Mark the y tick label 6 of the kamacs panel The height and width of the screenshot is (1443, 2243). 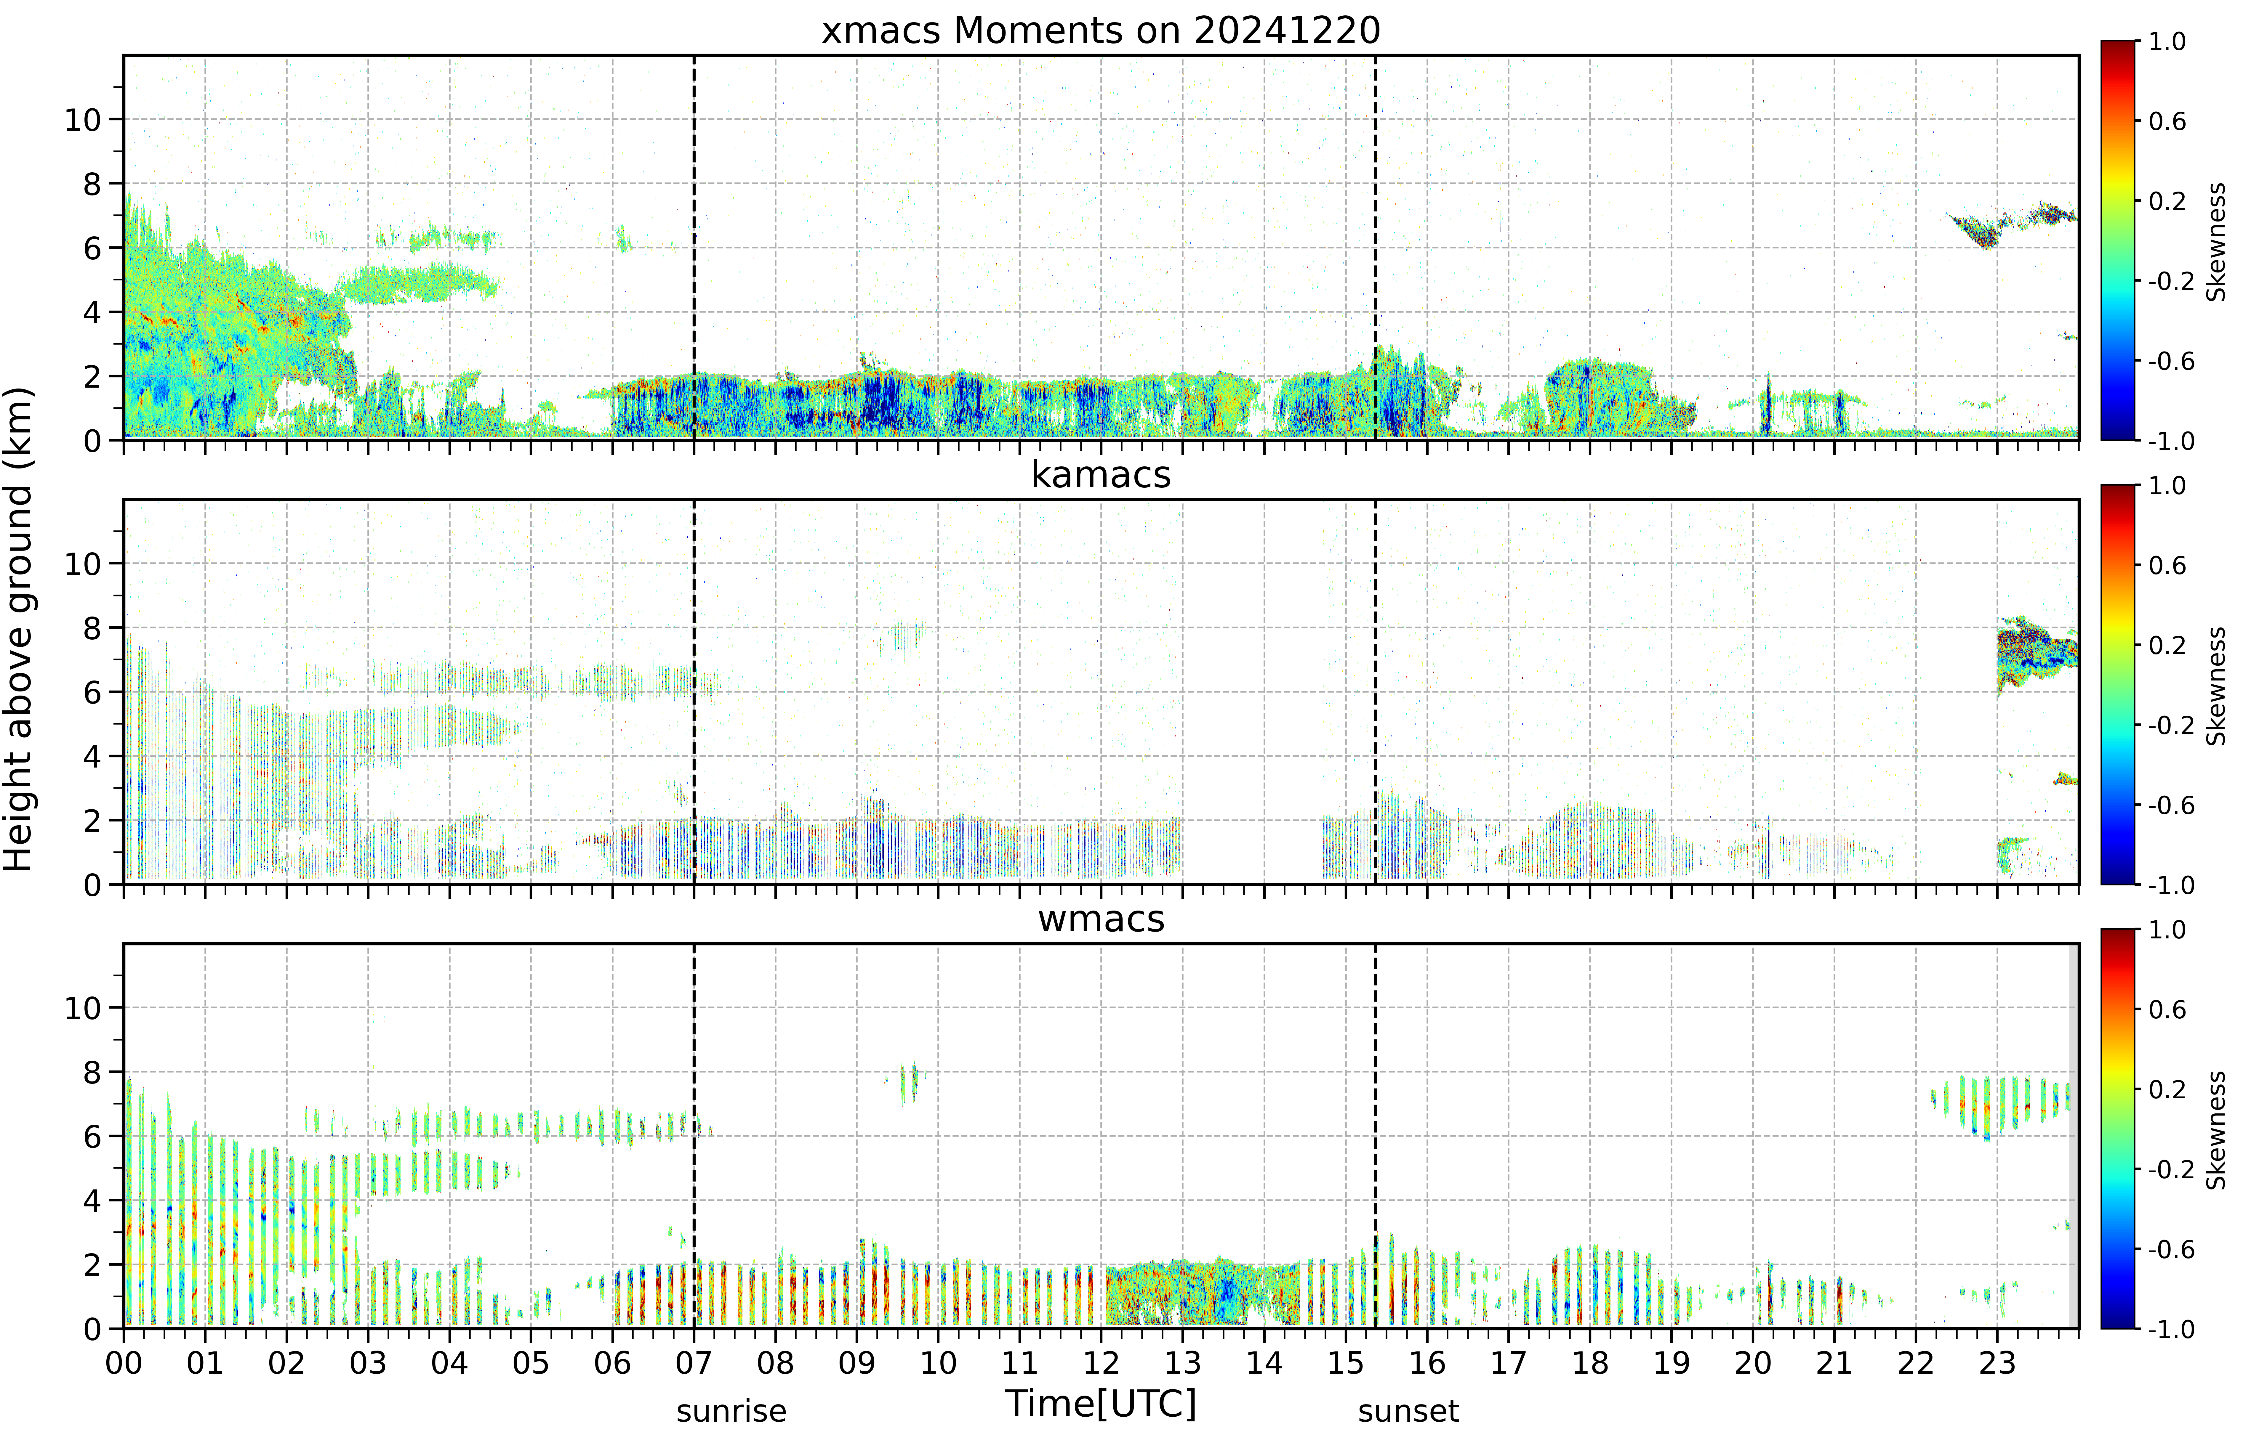point(91,692)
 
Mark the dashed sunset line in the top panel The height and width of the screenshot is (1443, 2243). point(1375,248)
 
